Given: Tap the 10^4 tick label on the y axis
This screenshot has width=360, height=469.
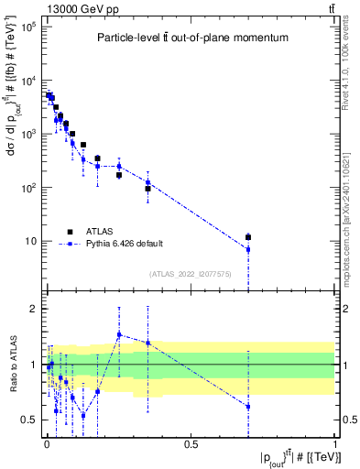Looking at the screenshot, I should pos(27,81).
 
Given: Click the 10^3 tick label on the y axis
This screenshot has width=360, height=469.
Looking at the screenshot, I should pos(27,134).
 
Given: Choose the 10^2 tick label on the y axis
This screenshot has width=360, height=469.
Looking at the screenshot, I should pos(27,188).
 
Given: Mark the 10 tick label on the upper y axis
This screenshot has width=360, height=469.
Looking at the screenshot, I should pos(30,241).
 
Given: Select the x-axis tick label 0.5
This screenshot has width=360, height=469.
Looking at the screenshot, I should pos(191,443).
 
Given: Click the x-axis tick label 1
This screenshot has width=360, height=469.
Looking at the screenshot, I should pos(335,443).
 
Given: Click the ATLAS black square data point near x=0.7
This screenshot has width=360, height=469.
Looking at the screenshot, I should pos(248,237).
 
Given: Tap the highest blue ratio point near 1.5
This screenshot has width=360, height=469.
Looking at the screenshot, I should pos(119,334).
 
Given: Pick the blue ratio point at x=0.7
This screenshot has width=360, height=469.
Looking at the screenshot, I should pos(248,406).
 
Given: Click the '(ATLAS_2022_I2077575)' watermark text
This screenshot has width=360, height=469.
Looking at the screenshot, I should pos(191,274).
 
